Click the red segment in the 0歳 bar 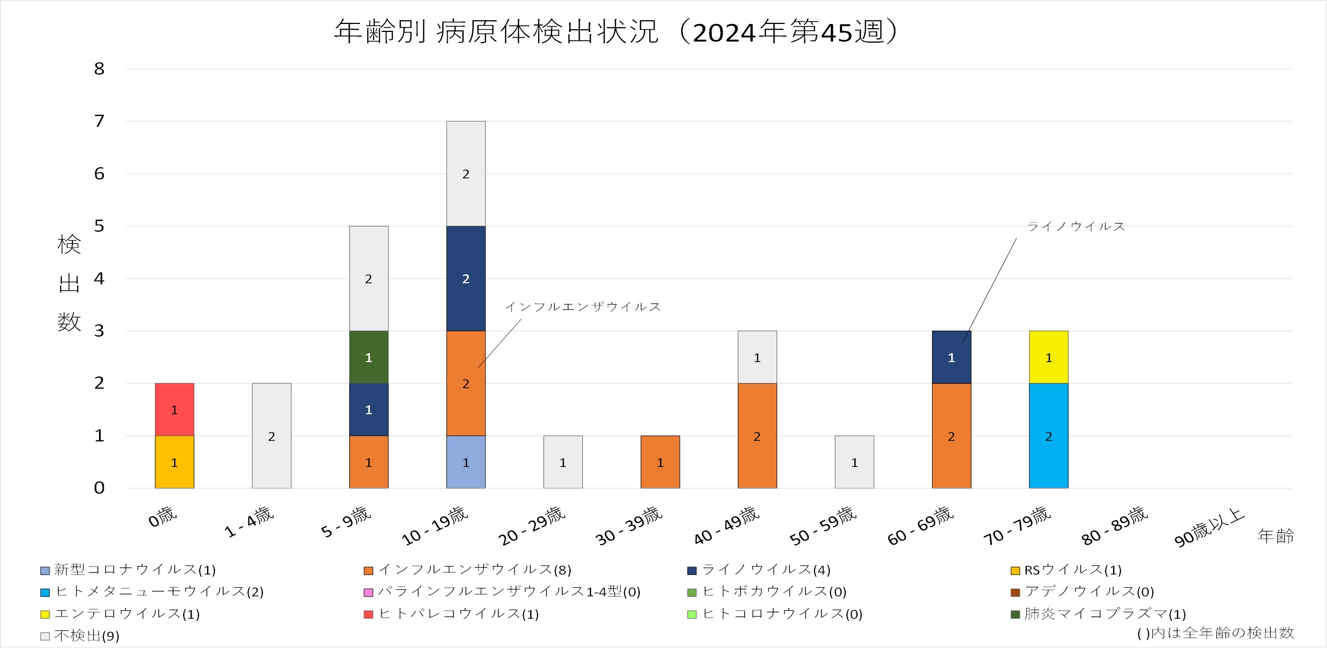click(174, 409)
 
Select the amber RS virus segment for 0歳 click(174, 462)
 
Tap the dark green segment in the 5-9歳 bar click(368, 357)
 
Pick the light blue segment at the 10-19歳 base click(466, 462)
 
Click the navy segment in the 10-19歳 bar click(466, 278)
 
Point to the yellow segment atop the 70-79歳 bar click(1048, 357)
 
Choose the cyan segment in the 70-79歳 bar click(1048, 436)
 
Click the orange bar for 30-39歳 click(660, 462)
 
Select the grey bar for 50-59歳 click(854, 462)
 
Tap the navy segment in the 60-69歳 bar click(951, 357)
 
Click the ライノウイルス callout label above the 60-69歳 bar click(1076, 227)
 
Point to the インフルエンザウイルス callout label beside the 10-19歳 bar click(583, 307)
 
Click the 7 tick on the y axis click(100, 121)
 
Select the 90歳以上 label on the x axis click(1209, 527)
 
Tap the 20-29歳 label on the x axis click(531, 526)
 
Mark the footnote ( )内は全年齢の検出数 click(1215, 633)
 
